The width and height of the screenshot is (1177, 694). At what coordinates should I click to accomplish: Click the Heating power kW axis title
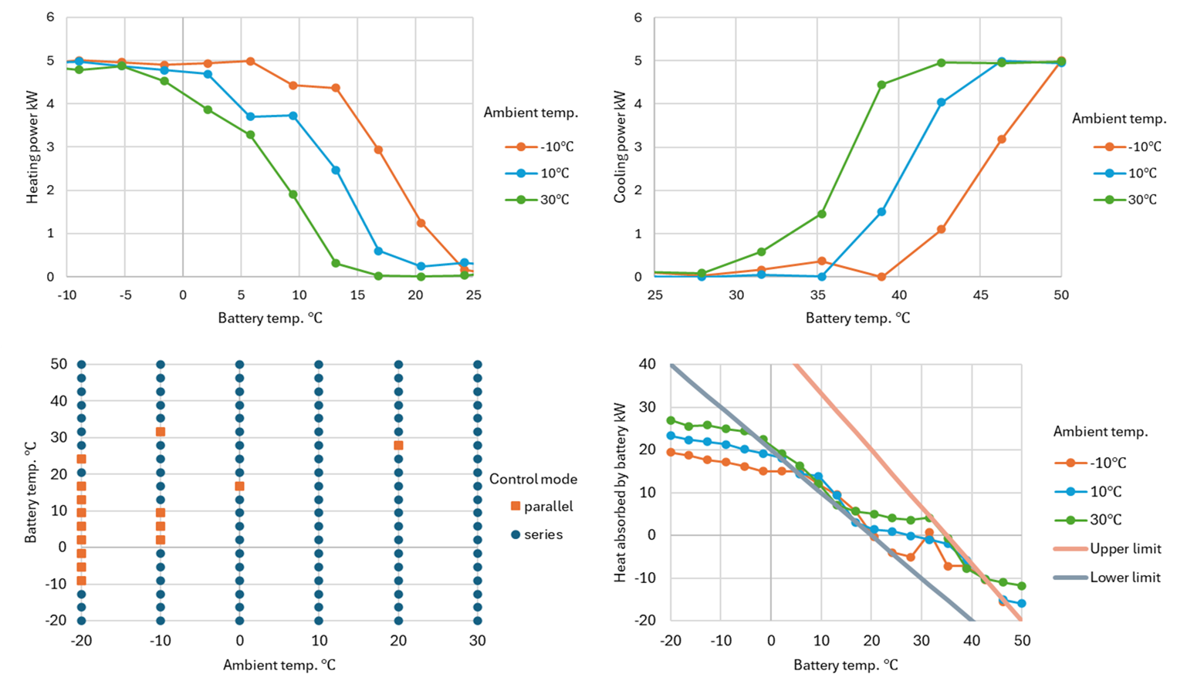point(32,147)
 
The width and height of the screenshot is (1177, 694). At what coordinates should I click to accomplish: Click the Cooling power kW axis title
point(620,147)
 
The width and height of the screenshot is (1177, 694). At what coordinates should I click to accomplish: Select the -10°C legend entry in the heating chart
point(540,147)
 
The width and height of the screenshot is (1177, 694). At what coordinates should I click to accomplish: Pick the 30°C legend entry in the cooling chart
point(1127,200)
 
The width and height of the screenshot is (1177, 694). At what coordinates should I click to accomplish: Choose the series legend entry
point(537,534)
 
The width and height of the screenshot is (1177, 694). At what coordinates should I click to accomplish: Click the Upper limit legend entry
point(1108,548)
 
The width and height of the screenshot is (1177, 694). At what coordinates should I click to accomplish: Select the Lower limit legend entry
point(1108,577)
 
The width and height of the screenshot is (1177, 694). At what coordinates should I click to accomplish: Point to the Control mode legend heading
point(533,479)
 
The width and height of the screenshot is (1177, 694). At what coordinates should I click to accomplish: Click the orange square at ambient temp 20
point(398,446)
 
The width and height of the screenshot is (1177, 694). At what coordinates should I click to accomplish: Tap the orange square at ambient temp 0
point(239,487)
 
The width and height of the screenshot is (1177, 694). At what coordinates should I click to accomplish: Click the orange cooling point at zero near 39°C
point(881,277)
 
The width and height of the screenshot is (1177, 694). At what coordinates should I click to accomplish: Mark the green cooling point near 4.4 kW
point(881,85)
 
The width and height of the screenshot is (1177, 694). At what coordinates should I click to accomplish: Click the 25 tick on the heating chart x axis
point(473,295)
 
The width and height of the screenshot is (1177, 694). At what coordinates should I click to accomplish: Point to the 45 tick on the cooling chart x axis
point(980,295)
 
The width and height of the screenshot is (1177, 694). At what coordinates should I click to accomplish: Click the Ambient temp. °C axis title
point(279,665)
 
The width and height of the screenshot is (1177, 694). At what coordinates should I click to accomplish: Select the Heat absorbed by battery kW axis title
point(620,492)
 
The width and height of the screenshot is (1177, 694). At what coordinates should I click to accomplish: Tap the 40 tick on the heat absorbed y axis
point(647,364)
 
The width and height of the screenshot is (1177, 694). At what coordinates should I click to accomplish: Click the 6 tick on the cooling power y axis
point(638,17)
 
